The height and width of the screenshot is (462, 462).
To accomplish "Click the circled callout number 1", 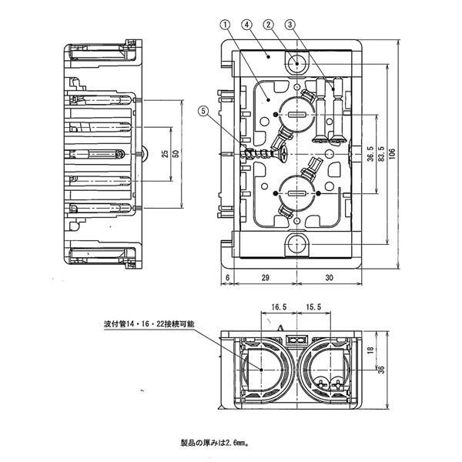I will (223, 24).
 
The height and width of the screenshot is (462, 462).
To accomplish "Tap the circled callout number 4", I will (246, 24).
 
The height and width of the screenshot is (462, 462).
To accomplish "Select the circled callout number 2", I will (268, 24).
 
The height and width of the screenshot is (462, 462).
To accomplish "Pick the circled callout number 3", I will (290, 24).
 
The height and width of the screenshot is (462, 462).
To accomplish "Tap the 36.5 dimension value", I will (370, 156).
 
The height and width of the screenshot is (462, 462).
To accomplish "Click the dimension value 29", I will (264, 276).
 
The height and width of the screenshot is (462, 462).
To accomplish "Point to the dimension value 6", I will (229, 276).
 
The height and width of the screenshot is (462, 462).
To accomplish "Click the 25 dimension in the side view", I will (165, 153).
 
